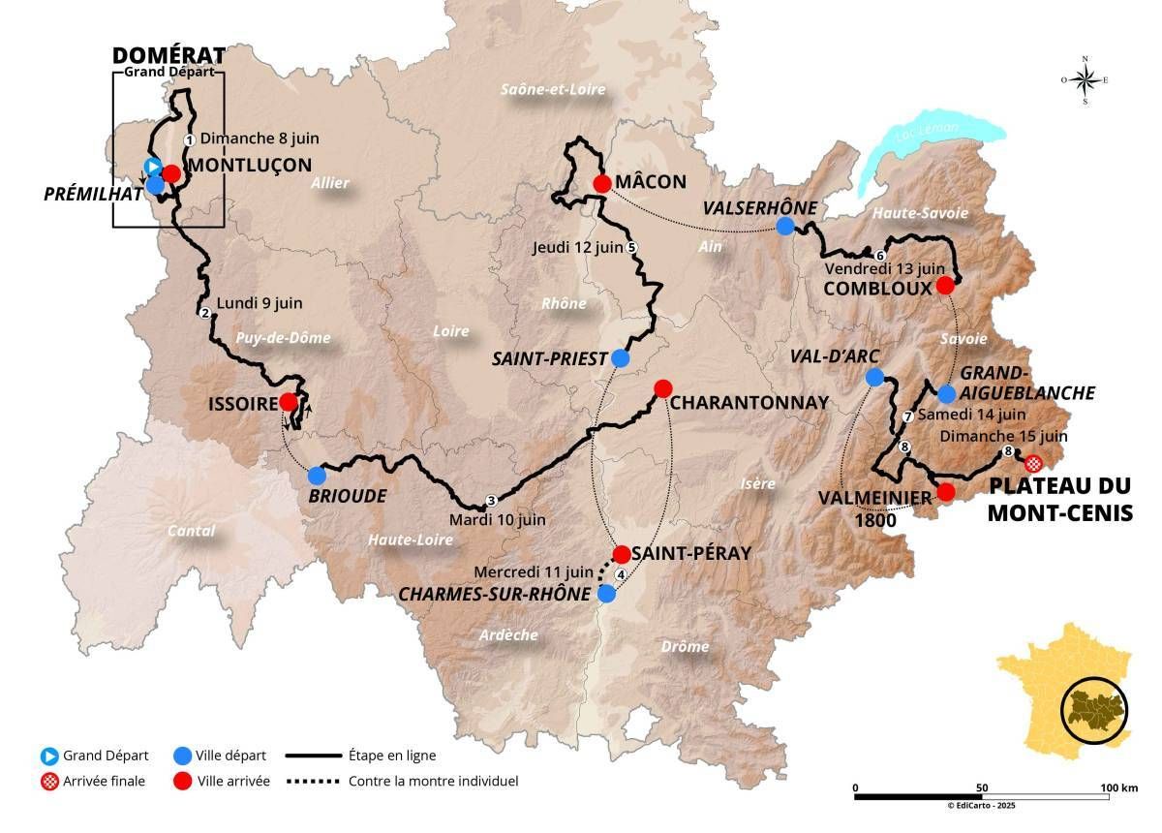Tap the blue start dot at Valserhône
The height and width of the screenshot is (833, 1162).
click(785, 227)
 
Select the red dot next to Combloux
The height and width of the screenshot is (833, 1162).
click(946, 286)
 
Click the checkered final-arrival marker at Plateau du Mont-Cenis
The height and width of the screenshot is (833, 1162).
click(1033, 463)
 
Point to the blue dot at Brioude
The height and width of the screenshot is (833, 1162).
click(317, 476)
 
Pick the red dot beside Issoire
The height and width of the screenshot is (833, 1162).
click(288, 402)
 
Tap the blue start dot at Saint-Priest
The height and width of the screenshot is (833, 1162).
click(621, 358)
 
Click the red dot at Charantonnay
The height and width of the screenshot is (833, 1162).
click(662, 388)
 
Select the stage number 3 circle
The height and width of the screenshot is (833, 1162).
click(491, 501)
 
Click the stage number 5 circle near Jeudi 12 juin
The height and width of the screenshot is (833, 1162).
click(631, 247)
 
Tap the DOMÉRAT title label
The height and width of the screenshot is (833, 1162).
click(169, 54)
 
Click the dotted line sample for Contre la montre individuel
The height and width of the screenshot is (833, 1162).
click(316, 781)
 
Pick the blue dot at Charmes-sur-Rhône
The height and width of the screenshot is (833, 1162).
click(606, 594)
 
